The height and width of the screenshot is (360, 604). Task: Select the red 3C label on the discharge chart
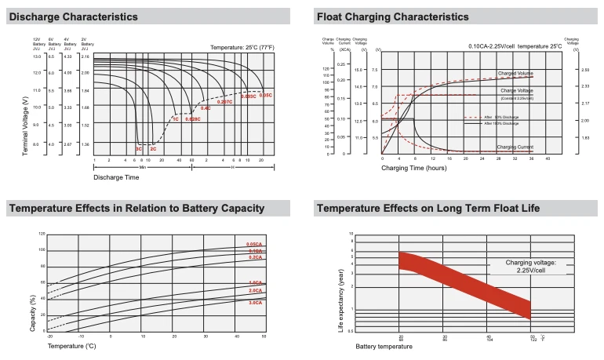[x=139, y=148]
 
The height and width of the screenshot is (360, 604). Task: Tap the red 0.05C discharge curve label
[x=266, y=95]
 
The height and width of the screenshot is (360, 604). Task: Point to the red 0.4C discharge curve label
[x=206, y=107]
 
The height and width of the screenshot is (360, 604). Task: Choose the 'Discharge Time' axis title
[x=115, y=177]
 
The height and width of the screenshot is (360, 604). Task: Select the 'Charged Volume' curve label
[x=515, y=73]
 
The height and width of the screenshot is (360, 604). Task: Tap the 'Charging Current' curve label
[x=515, y=147]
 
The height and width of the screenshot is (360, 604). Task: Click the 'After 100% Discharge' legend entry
[x=501, y=123]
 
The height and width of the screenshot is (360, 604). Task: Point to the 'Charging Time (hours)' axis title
[x=414, y=168]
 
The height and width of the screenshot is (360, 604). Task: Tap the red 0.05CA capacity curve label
[x=254, y=245]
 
